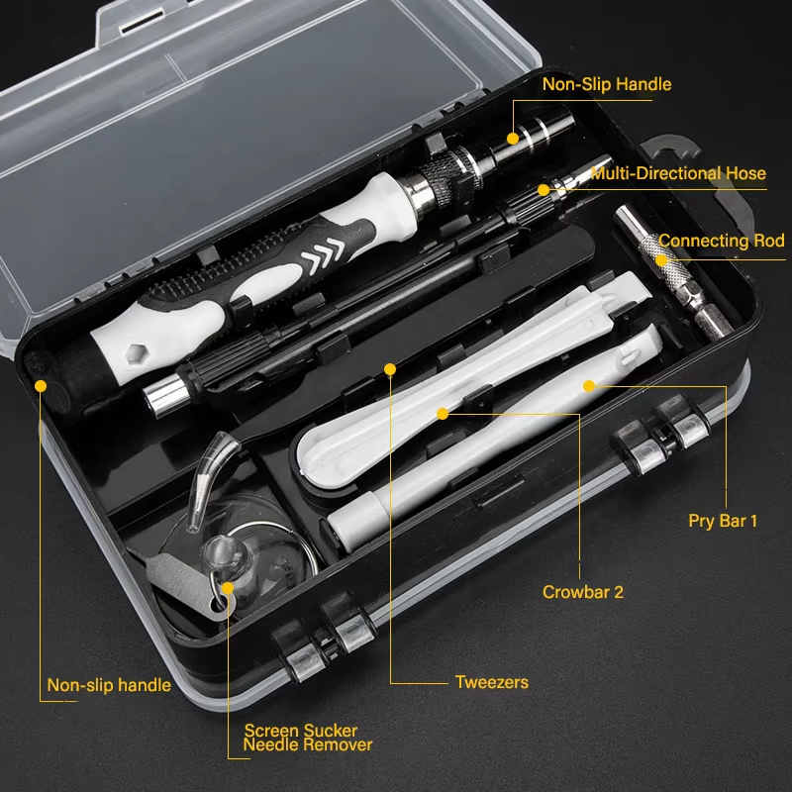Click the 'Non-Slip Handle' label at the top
point(606,84)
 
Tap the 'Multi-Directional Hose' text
point(678,173)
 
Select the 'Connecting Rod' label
point(721,241)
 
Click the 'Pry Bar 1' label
point(723,520)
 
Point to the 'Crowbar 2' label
point(583,592)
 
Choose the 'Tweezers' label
point(491,682)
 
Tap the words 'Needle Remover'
point(308,744)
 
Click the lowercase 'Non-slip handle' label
point(109,685)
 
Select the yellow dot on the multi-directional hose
point(543,188)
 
